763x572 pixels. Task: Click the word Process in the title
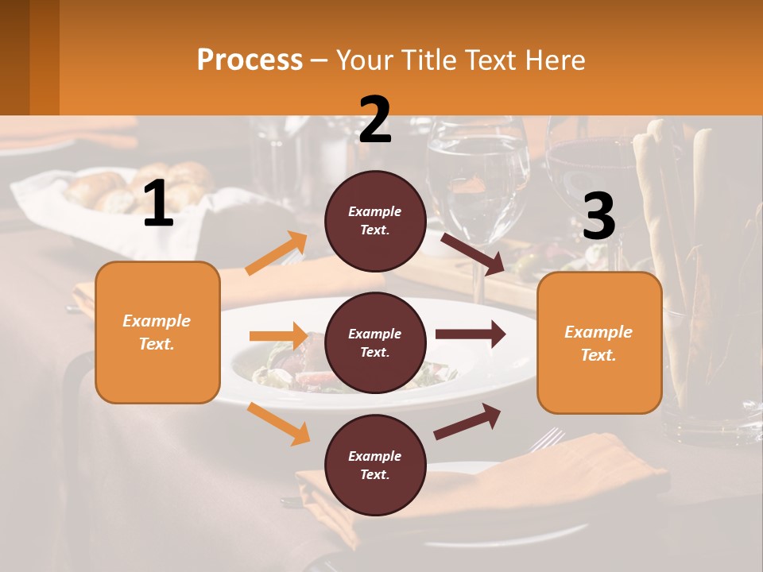250,60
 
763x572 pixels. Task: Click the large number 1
158,204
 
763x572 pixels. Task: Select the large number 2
375,120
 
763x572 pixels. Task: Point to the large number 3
598,217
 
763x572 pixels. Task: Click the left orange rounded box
157,332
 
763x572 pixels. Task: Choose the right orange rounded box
599,342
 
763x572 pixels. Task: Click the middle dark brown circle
375,343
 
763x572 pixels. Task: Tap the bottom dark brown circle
375,466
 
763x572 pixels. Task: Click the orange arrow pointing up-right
277,253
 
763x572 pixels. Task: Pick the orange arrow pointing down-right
279,423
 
